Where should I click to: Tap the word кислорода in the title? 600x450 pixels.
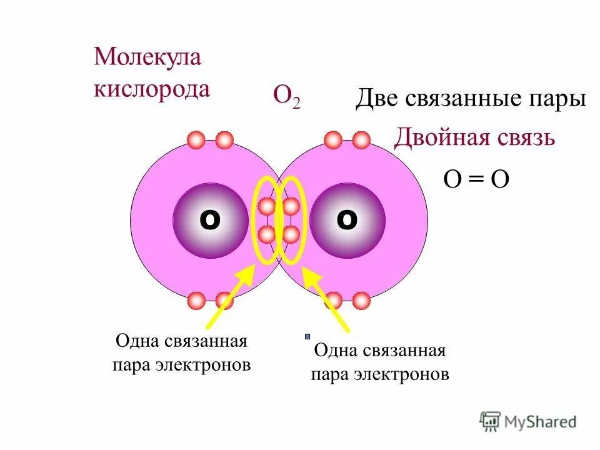(152, 88)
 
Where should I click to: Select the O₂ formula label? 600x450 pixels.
(286, 96)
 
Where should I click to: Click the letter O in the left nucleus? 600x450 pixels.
(209, 219)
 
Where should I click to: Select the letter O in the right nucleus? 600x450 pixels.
(347, 219)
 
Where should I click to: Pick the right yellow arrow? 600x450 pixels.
(326, 299)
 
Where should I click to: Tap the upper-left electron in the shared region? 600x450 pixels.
(267, 206)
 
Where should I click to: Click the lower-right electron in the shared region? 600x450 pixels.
(291, 235)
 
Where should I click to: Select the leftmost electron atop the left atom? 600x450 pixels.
(196, 139)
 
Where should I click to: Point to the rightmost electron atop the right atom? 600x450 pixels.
(361, 139)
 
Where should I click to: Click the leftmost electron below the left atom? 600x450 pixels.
(196, 301)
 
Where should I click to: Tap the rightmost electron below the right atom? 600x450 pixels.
(361, 301)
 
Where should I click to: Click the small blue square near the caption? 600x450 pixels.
(307, 336)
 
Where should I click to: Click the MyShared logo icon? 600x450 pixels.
(491, 421)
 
